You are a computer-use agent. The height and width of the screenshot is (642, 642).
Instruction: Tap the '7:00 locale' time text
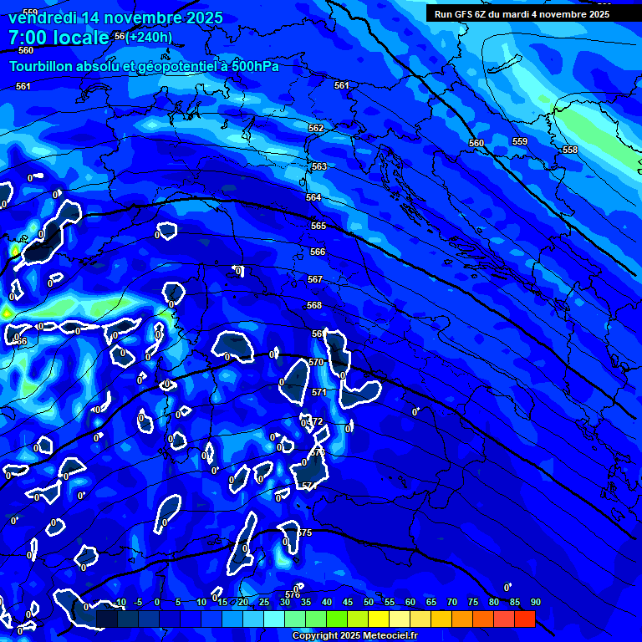[59, 38]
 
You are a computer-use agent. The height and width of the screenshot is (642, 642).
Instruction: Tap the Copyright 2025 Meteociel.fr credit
[354, 635]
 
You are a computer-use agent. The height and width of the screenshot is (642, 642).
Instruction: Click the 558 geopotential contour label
[570, 150]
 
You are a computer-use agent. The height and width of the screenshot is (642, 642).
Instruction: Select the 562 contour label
[316, 128]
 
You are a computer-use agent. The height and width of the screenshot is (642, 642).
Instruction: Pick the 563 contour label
[319, 166]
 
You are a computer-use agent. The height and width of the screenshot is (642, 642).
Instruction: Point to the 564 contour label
[313, 197]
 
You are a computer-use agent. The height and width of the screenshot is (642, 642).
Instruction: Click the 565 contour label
[318, 226]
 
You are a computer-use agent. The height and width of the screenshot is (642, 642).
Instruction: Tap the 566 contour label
[318, 252]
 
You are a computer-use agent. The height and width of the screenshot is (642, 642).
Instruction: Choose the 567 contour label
[315, 279]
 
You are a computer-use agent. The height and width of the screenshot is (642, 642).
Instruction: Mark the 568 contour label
[314, 305]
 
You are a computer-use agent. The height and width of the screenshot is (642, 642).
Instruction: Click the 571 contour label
[319, 392]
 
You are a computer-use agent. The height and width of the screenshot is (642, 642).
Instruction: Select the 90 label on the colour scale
[535, 602]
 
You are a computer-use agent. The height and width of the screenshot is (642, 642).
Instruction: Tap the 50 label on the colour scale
[369, 602]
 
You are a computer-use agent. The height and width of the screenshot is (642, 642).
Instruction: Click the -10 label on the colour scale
[119, 602]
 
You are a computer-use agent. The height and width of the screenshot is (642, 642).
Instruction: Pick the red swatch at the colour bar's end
[524, 619]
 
